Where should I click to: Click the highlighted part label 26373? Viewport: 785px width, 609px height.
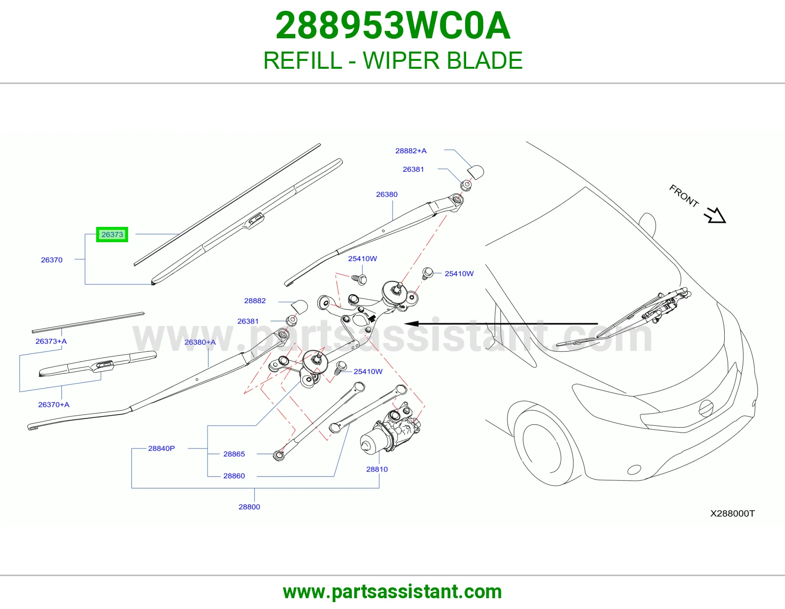(x=112, y=234)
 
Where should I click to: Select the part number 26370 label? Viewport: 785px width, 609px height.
(x=52, y=260)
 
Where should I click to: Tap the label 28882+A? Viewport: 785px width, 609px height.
(x=411, y=151)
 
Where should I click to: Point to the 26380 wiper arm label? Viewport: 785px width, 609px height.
(x=387, y=194)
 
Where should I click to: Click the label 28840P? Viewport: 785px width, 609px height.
(x=161, y=448)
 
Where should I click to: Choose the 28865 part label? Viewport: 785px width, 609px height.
(x=234, y=454)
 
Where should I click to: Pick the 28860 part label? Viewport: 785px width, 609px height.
(x=234, y=476)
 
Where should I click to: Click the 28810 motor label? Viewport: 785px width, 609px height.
(x=377, y=470)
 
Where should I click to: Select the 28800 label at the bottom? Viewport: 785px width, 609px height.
(x=249, y=507)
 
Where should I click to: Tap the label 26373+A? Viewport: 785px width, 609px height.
(x=51, y=341)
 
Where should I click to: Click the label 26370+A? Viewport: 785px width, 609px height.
(x=54, y=405)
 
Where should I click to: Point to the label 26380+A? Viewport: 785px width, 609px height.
(x=200, y=342)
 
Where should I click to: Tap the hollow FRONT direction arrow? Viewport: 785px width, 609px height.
(x=715, y=216)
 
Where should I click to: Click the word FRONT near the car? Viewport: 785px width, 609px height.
(x=684, y=195)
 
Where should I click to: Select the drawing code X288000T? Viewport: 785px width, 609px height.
(x=732, y=514)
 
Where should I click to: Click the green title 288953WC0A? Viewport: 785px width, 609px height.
(x=392, y=26)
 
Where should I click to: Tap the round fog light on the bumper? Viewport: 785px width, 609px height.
(x=634, y=470)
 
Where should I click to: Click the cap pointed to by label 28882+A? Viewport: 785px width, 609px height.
(x=476, y=172)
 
